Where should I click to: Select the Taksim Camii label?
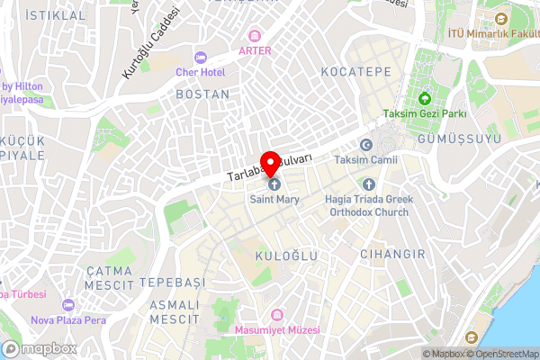tap(365, 159)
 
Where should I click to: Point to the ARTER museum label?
tap(255, 50)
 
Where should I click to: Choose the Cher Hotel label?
tap(200, 71)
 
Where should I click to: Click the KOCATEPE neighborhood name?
tap(355, 70)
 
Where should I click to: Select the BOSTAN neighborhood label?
tap(202, 94)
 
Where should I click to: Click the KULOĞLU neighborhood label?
tap(287, 256)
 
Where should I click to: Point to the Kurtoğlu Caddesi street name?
tap(149, 42)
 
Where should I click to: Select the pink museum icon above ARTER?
tap(255, 35)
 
